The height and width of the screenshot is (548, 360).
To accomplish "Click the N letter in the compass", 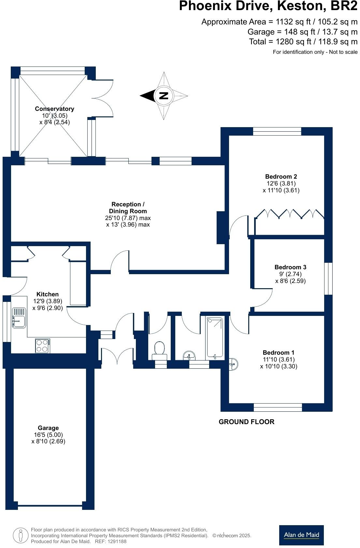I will coord(164,96).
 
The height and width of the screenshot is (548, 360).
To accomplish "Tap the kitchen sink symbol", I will coord(19,318).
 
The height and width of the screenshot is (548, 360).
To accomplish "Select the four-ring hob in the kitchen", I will coord(43,346).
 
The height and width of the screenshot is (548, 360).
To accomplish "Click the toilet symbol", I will coord(160,349).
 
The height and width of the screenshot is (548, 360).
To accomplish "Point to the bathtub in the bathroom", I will coord(215,338).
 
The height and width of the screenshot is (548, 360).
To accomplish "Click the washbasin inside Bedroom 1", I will coord(234,364).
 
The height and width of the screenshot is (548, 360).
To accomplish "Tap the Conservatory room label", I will coord(54,109).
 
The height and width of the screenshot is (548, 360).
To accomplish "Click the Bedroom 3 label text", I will coord(290,267).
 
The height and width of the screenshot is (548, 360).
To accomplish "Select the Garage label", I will coord(48,428).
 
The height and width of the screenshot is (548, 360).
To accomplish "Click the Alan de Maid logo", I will coord(301,535).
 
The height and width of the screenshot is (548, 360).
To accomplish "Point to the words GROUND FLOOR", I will coord(246,422).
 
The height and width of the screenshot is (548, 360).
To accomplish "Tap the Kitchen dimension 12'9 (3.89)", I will coord(48,301).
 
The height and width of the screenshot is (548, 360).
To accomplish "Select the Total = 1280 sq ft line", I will coord(303,42).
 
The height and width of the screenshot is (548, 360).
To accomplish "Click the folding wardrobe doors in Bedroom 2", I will coord(289,214).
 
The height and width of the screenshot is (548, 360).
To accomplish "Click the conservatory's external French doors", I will coord(103,98).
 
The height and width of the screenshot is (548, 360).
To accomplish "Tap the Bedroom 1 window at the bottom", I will coord(278,407).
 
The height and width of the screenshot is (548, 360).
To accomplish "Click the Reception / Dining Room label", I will coord(128,208).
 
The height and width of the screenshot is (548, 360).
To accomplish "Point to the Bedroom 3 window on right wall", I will coord(328,279).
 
